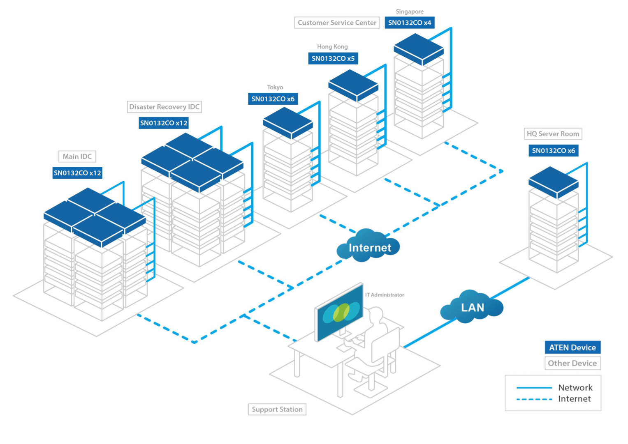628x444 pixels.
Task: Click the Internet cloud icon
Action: click(x=368, y=246)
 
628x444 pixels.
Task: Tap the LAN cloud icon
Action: click(x=472, y=306)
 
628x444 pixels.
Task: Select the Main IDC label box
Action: click(x=77, y=156)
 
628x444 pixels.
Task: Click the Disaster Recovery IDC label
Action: click(x=164, y=107)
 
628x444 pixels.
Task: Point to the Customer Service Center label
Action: click(x=337, y=23)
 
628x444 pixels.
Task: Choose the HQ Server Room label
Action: click(x=553, y=134)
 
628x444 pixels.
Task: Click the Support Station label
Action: click(x=277, y=409)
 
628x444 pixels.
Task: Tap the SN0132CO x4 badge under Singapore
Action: click(x=410, y=23)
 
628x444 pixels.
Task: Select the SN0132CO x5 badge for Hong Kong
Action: click(x=333, y=58)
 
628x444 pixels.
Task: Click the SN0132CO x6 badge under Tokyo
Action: click(x=273, y=99)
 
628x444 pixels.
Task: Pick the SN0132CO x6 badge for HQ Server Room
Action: click(x=554, y=151)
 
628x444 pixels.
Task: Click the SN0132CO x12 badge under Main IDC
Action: click(x=77, y=173)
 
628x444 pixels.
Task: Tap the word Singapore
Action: click(x=410, y=12)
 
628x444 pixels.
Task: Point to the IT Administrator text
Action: click(x=385, y=295)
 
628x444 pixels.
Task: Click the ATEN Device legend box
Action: click(x=572, y=347)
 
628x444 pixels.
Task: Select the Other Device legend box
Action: click(x=572, y=363)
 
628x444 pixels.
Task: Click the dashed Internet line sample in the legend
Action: click(x=534, y=399)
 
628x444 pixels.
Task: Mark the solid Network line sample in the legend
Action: click(x=534, y=388)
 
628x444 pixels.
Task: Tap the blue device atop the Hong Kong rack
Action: click(x=353, y=85)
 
